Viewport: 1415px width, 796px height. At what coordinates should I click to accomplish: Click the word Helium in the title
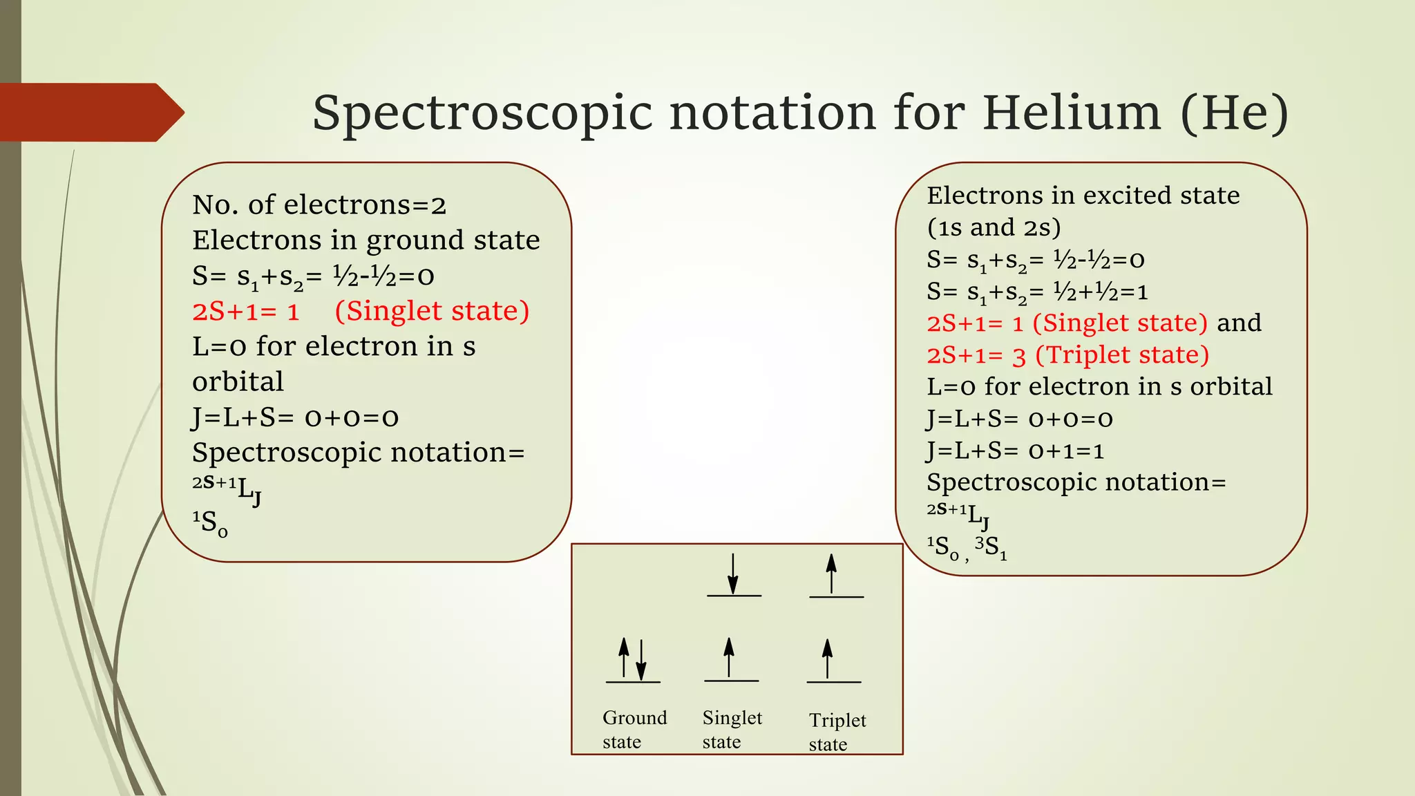point(1071,113)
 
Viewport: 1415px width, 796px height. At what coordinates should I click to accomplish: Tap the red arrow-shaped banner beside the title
point(90,112)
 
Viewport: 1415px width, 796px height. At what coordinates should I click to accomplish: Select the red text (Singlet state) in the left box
point(432,311)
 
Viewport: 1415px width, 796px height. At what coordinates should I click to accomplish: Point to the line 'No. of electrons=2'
point(319,205)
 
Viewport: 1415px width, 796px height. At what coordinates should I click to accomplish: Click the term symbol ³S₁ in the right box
point(991,548)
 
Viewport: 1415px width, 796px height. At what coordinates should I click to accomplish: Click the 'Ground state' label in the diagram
point(634,729)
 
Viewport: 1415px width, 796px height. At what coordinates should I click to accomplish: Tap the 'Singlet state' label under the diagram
point(732,729)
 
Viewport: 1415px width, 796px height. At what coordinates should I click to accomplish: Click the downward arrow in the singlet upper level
point(733,574)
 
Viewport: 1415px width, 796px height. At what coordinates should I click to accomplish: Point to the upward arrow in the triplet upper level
point(831,574)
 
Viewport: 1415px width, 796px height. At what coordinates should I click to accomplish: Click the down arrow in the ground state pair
point(641,660)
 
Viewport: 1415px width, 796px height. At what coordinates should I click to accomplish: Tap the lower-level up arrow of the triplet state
point(827,658)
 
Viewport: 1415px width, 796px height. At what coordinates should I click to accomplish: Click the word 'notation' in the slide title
point(772,113)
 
